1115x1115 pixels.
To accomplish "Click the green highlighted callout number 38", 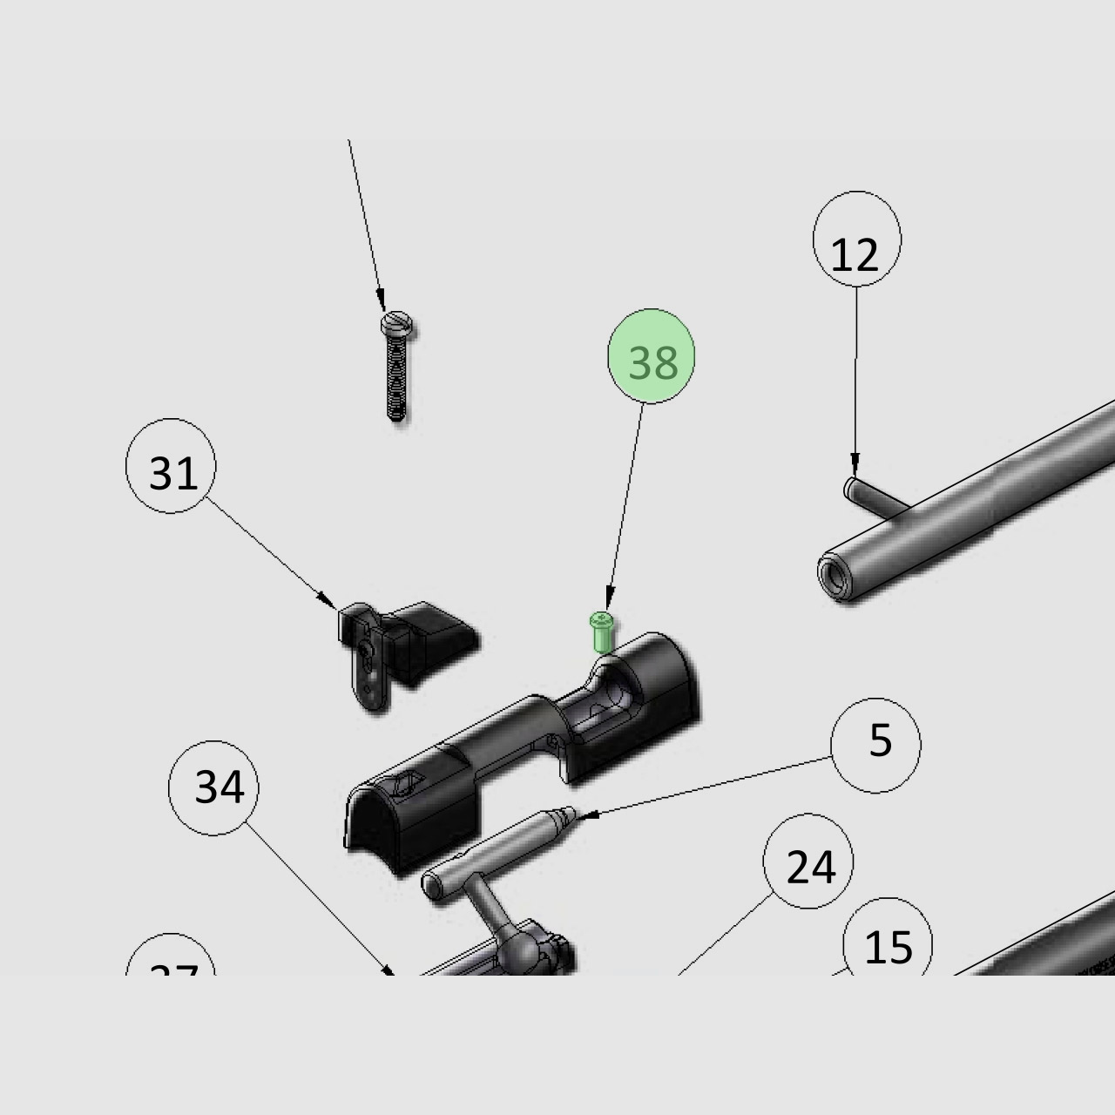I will pyautogui.click(x=651, y=356).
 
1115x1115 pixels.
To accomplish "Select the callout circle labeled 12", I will pyautogui.click(x=856, y=240).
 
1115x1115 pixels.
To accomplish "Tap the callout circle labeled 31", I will pyautogui.click(x=171, y=466).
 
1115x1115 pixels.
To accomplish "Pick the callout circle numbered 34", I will pyautogui.click(x=213, y=787).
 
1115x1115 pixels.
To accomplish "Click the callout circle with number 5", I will pyautogui.click(x=875, y=745).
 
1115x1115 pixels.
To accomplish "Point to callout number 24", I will pyautogui.click(x=808, y=862).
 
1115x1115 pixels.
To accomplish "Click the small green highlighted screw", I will pyautogui.click(x=602, y=632).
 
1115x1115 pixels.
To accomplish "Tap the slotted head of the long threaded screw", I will pyautogui.click(x=397, y=326).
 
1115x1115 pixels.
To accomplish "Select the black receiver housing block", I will pyautogui.click(x=523, y=749).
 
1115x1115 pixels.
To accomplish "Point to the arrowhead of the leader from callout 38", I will pyautogui.click(x=608, y=603).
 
